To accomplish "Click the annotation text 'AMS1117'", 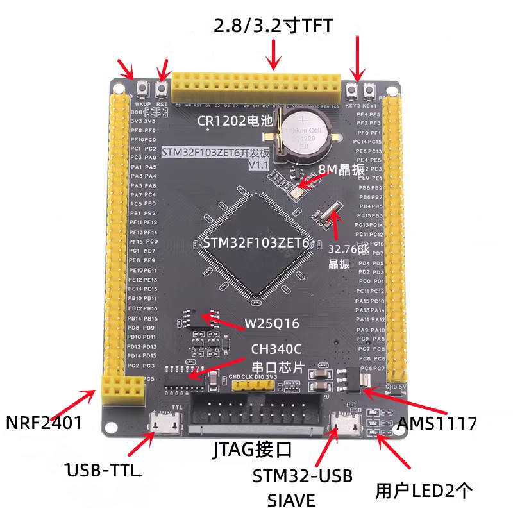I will pyautogui.click(x=437, y=423).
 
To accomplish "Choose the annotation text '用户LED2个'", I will pyautogui.click(x=425, y=491).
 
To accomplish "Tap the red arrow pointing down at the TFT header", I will pyautogui.click(x=274, y=54).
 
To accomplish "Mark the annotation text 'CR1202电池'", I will pyautogui.click(x=236, y=120).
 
